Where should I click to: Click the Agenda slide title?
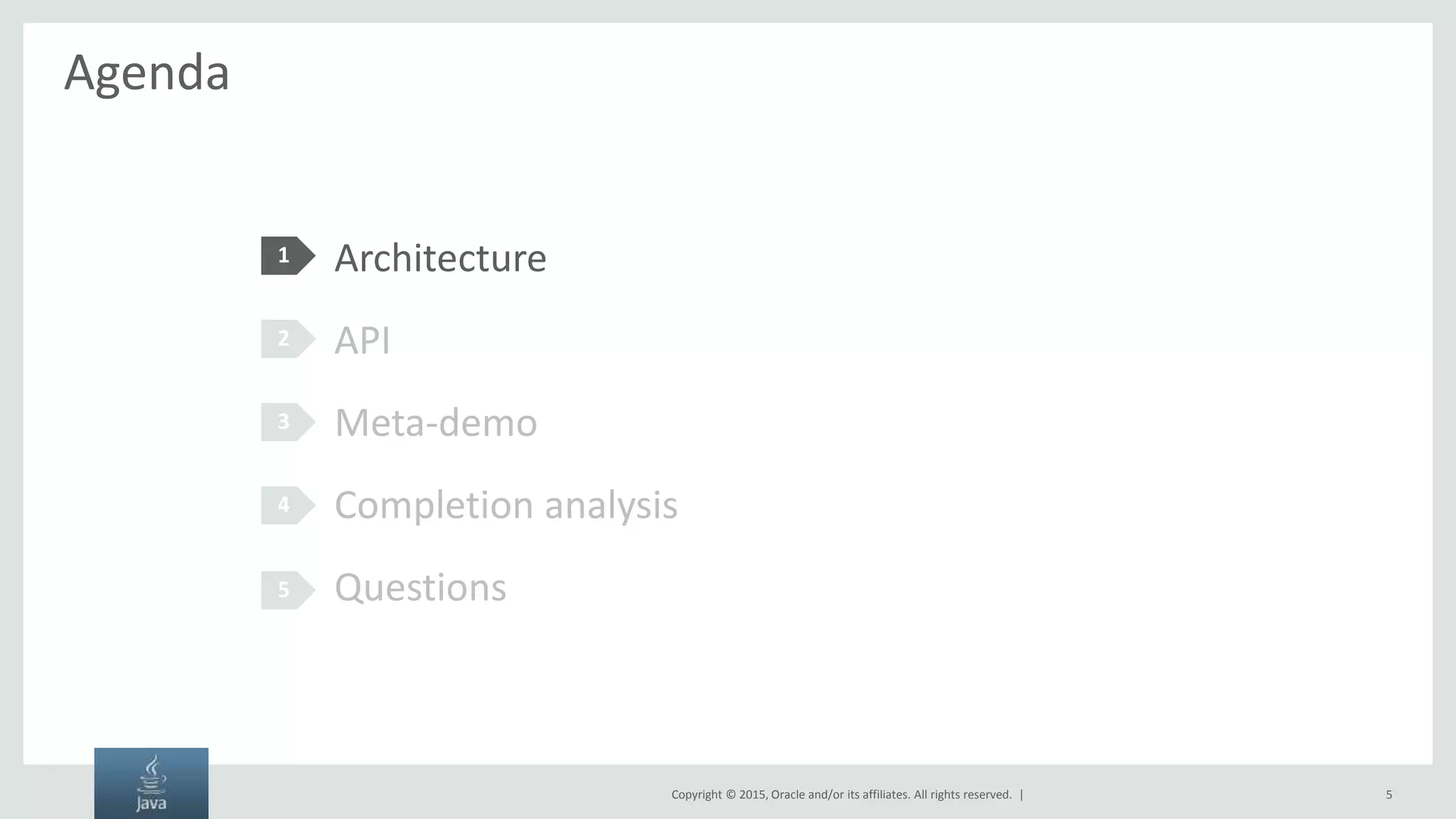pyautogui.click(x=146, y=73)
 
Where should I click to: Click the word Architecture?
pyautogui.click(x=440, y=257)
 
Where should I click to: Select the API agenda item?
pyautogui.click(x=362, y=340)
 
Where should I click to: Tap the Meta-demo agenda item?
pyautogui.click(x=435, y=422)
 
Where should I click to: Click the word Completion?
pyautogui.click(x=434, y=505)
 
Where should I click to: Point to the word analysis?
pyautogui.click(x=611, y=505)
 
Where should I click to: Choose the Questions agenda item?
pyautogui.click(x=420, y=588)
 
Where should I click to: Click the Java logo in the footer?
pyautogui.click(x=151, y=783)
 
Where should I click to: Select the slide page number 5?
pyautogui.click(x=1388, y=795)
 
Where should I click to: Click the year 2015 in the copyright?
pyautogui.click(x=752, y=795)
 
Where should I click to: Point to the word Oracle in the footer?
pyautogui.click(x=788, y=795)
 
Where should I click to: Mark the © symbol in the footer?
pyautogui.click(x=730, y=795)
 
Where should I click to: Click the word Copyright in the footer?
pyautogui.click(x=696, y=795)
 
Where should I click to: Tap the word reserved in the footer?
pyautogui.click(x=990, y=795)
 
